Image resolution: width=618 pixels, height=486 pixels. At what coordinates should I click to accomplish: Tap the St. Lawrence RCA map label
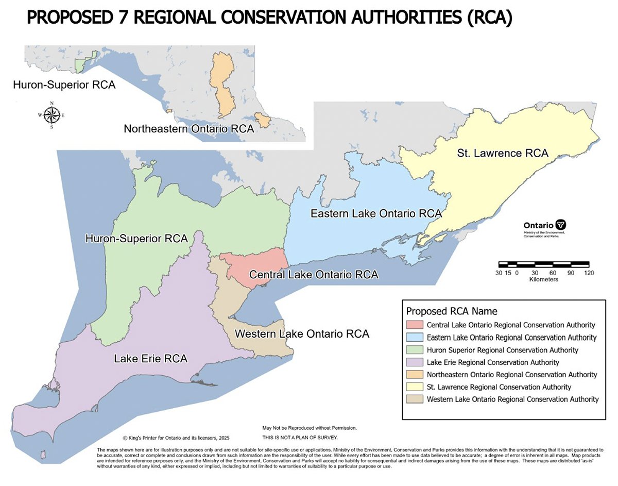(x=502, y=153)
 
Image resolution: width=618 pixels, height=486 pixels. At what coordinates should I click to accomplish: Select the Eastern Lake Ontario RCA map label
(x=376, y=213)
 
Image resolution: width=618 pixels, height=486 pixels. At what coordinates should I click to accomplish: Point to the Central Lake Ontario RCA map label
(x=314, y=275)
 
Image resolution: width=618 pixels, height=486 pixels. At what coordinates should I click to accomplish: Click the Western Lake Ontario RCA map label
(x=302, y=334)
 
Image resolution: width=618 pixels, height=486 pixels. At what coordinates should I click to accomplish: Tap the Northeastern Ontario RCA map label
(x=189, y=129)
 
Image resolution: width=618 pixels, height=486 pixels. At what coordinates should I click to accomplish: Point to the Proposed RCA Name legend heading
(x=451, y=311)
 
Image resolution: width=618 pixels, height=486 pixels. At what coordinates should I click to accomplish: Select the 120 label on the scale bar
(x=589, y=273)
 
